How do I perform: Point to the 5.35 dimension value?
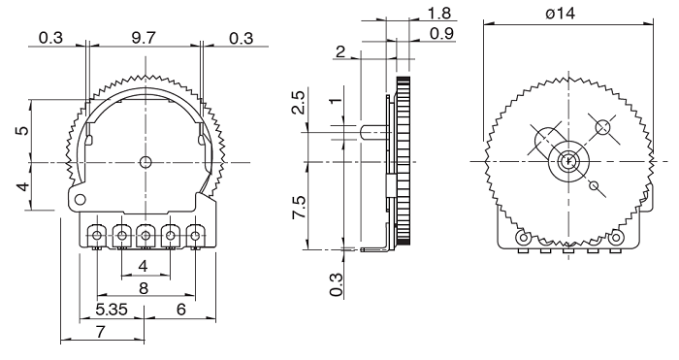[x=109, y=310]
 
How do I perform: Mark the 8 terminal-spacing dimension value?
[x=144, y=287]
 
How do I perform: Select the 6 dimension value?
[x=180, y=310]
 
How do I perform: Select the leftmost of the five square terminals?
[x=97, y=235]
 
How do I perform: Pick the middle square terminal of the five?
[x=145, y=235]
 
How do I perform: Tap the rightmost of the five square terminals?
[x=195, y=235]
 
